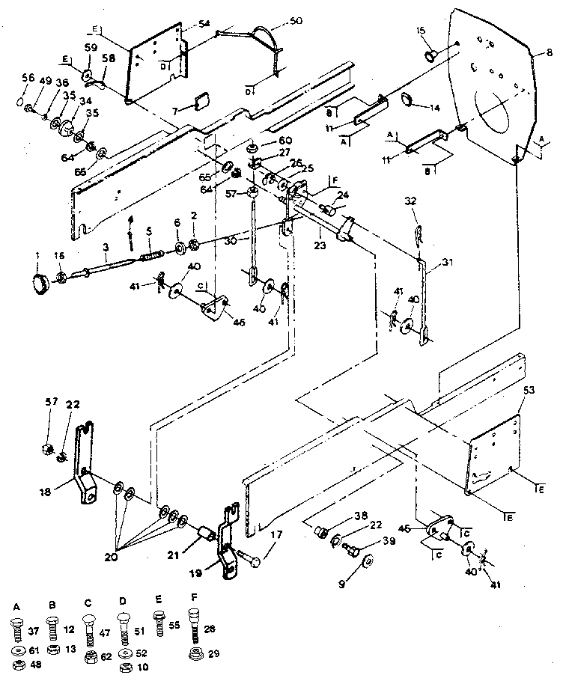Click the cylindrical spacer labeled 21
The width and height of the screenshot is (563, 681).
coord(204,536)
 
